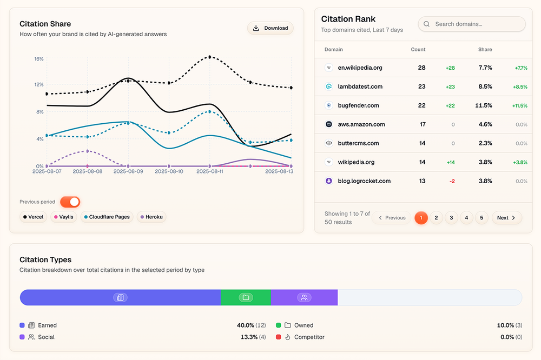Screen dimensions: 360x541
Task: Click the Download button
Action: point(270,28)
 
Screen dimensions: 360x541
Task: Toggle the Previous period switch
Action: point(70,202)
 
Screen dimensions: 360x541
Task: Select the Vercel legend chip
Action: point(33,217)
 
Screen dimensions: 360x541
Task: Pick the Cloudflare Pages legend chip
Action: point(107,217)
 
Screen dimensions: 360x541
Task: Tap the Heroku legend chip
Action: point(151,217)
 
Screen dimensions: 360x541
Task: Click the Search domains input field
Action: point(472,24)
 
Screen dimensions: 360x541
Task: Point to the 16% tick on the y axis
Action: point(39,58)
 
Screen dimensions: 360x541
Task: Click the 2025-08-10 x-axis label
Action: point(169,171)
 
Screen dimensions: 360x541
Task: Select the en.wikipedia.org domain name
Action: point(360,68)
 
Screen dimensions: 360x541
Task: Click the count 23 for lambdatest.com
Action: point(421,86)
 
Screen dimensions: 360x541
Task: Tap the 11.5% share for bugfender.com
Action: point(484,105)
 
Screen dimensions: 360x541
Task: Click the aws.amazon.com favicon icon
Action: point(328,124)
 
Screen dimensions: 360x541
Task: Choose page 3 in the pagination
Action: point(451,218)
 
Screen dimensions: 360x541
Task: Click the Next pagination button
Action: point(507,218)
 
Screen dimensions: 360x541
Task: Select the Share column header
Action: point(485,49)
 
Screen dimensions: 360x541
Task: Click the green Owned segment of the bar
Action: point(246,297)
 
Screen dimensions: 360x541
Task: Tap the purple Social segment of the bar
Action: point(304,297)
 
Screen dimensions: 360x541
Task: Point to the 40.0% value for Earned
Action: point(245,325)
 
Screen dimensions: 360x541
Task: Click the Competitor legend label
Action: point(309,337)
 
